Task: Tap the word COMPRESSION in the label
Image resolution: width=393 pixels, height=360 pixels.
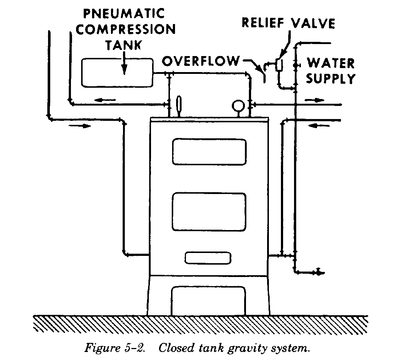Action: [x=126, y=29]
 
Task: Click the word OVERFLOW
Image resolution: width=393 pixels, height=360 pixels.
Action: [x=201, y=62]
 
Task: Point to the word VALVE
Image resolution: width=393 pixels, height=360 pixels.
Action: [x=315, y=23]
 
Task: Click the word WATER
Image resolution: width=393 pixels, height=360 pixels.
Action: [x=330, y=63]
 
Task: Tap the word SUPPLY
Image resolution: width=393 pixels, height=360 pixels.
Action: [x=330, y=78]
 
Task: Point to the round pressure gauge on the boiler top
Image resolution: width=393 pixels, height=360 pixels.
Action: [x=239, y=106]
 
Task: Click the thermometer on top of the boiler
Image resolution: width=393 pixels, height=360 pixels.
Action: [x=179, y=105]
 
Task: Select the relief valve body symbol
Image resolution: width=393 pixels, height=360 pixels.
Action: [x=279, y=64]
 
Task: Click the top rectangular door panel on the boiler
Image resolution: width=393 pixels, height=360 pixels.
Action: [x=209, y=152]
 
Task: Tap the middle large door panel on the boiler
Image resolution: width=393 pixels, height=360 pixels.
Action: [x=209, y=212]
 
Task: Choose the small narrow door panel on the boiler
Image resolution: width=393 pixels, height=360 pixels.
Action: [x=208, y=258]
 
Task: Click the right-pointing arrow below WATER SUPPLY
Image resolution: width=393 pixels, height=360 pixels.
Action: [x=314, y=99]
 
